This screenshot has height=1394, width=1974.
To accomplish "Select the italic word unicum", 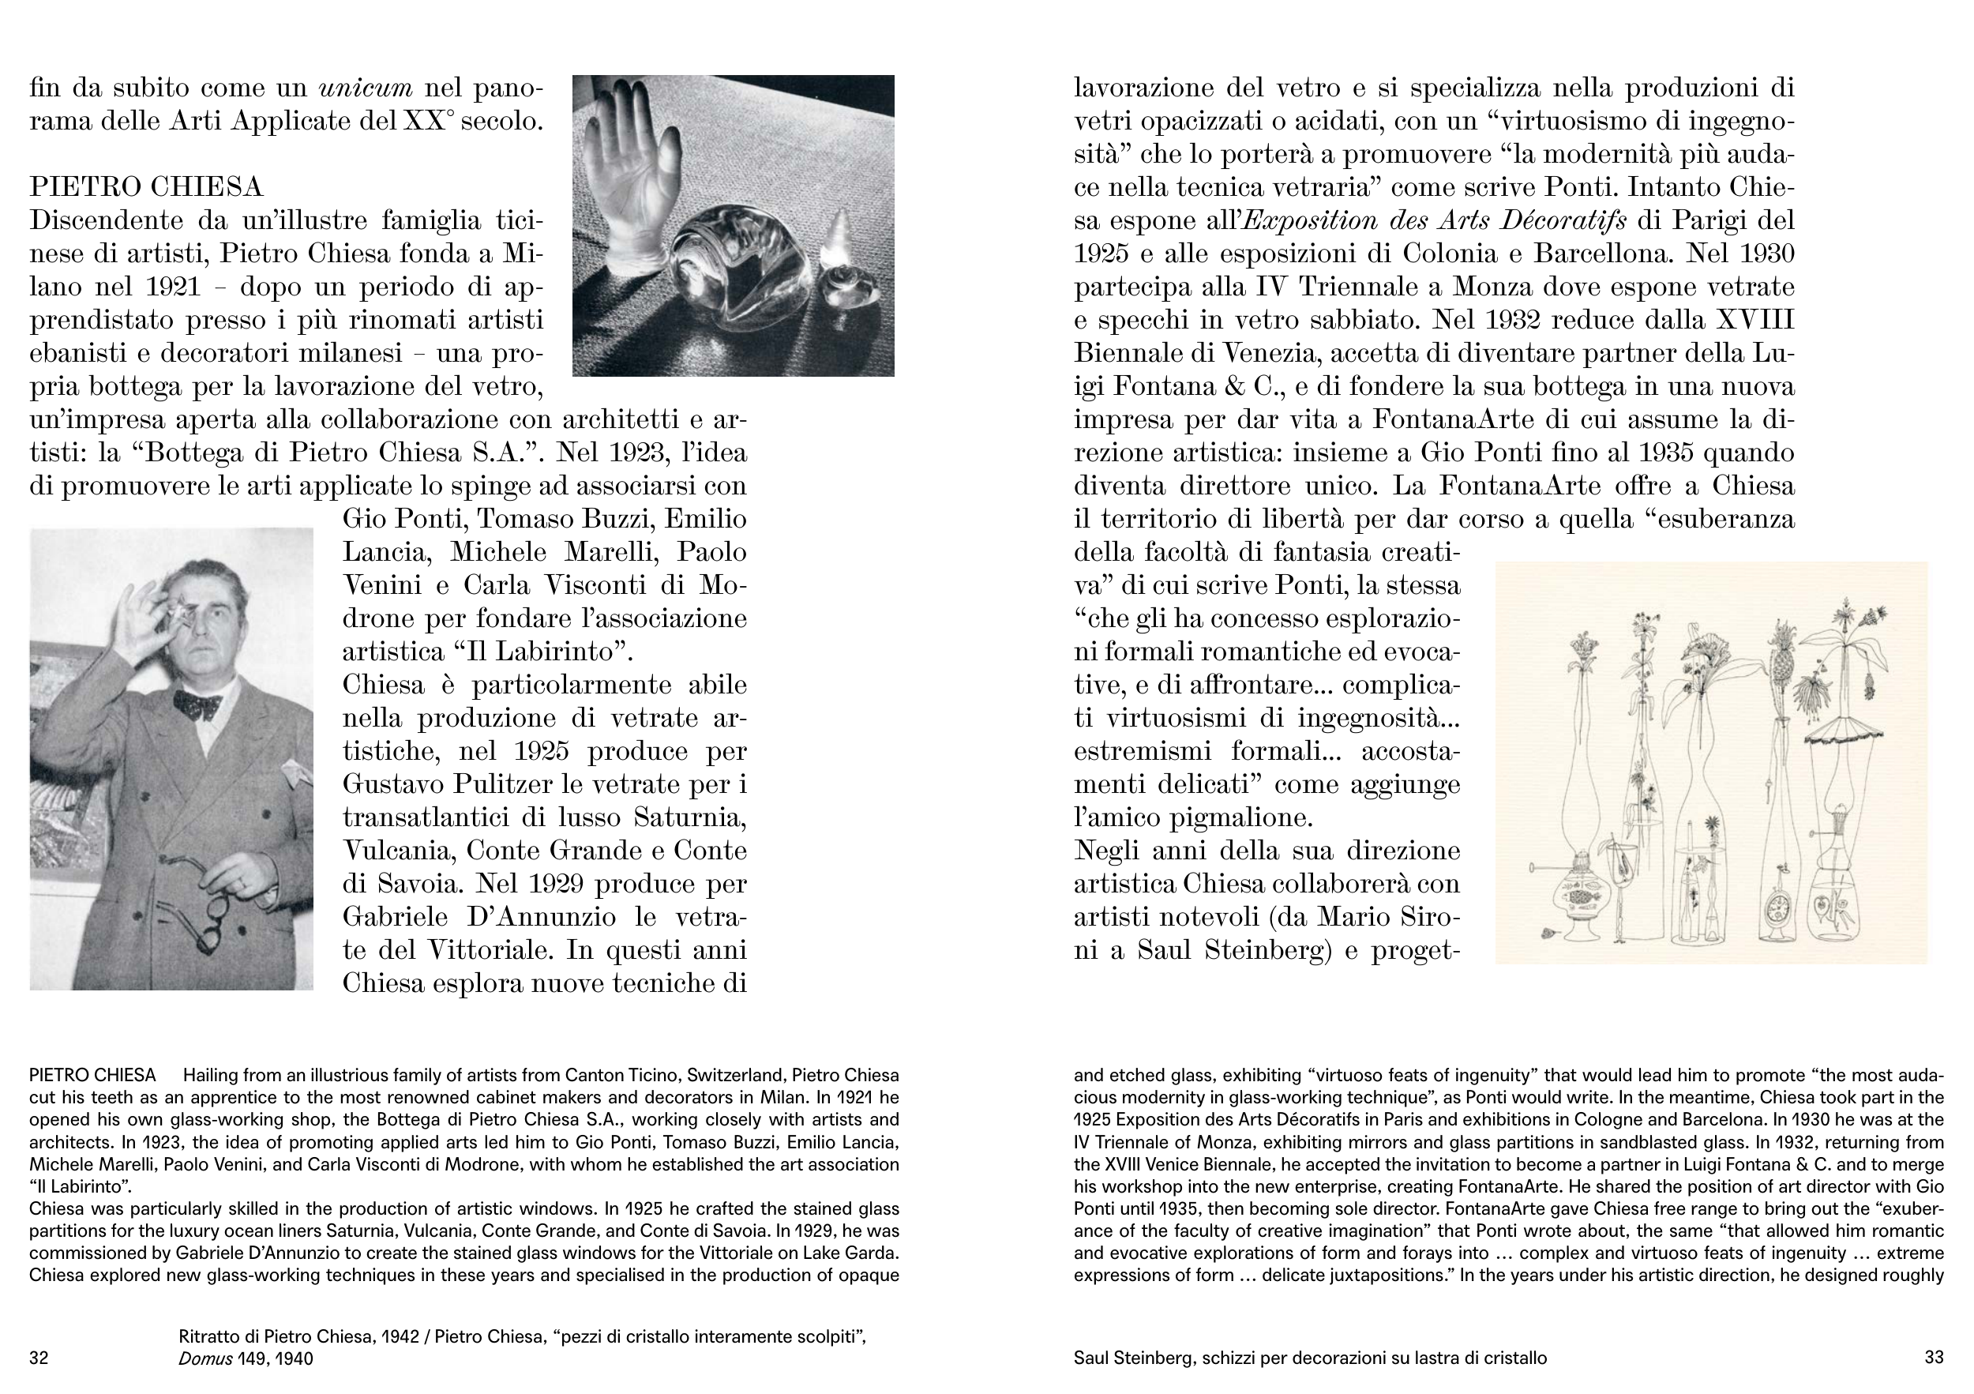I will [366, 88].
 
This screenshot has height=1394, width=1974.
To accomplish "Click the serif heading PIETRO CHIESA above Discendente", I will [146, 186].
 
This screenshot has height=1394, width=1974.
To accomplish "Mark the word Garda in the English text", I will [875, 1252].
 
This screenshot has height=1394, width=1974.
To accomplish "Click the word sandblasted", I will [1803, 1142].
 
